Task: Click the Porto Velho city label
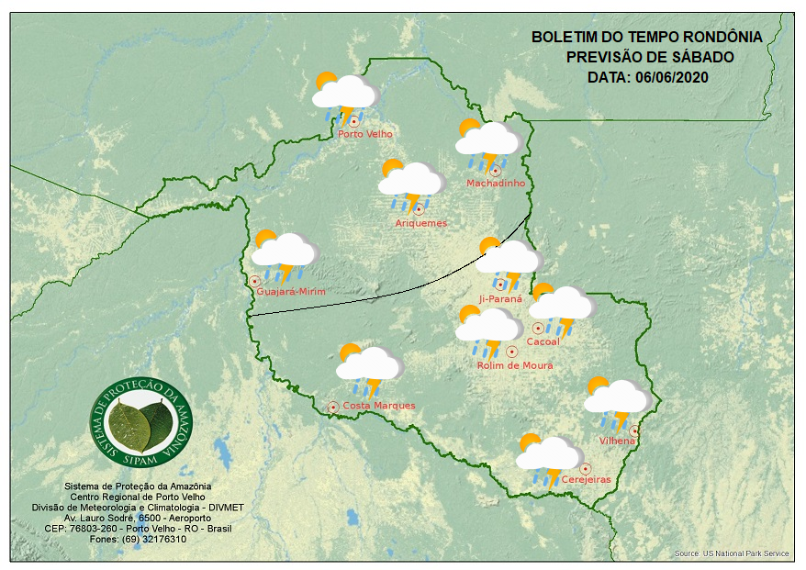(365, 134)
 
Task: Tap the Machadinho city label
(496, 184)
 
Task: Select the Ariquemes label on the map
(421, 223)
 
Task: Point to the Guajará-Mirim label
(292, 292)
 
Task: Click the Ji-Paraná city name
(500, 299)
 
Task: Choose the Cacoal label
(543, 342)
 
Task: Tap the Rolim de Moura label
(515, 366)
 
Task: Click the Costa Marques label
(379, 406)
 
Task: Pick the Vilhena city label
(617, 441)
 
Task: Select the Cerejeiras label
(586, 480)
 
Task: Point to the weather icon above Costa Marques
(369, 366)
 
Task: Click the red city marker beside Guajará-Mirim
(254, 282)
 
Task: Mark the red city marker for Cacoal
(538, 329)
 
